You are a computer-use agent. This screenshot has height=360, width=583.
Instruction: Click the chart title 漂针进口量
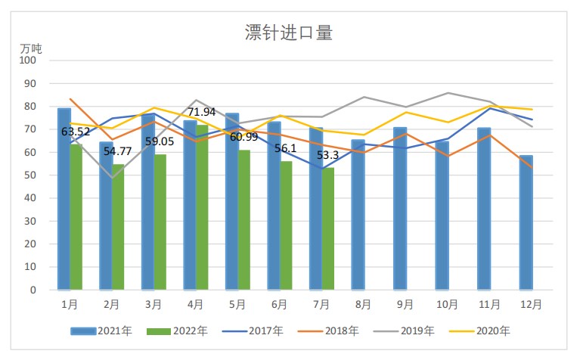(x=290, y=32)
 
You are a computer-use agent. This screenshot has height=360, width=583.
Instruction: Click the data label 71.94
(x=202, y=113)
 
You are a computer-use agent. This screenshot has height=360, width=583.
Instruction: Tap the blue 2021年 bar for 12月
(x=526, y=223)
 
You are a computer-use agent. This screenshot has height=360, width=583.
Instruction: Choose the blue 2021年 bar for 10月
(x=442, y=216)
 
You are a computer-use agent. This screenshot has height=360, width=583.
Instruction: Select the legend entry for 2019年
(x=405, y=331)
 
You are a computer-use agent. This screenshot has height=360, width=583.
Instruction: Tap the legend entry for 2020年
(x=481, y=331)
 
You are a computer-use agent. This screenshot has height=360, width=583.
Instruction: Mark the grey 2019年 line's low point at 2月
(x=112, y=178)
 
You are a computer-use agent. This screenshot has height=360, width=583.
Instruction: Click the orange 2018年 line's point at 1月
(x=70, y=99)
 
